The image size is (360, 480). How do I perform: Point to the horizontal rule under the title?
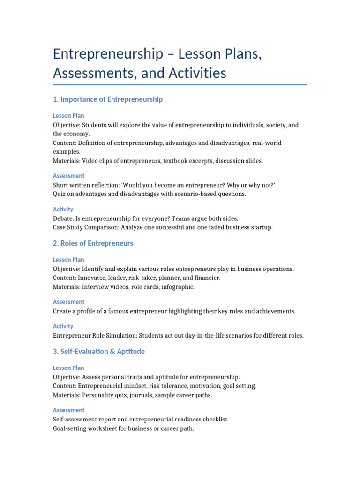[180, 85]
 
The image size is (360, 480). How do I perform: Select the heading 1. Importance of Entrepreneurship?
[108, 99]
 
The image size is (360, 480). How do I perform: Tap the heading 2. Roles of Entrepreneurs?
[93, 243]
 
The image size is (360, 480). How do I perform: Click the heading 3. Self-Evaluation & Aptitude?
[99, 351]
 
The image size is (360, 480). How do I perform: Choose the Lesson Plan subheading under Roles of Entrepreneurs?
[68, 260]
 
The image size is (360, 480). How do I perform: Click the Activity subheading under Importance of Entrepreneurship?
[63, 209]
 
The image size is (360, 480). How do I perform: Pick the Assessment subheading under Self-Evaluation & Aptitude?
[68, 410]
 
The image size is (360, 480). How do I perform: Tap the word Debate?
[63, 218]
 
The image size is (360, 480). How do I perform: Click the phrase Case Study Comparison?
[86, 227]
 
